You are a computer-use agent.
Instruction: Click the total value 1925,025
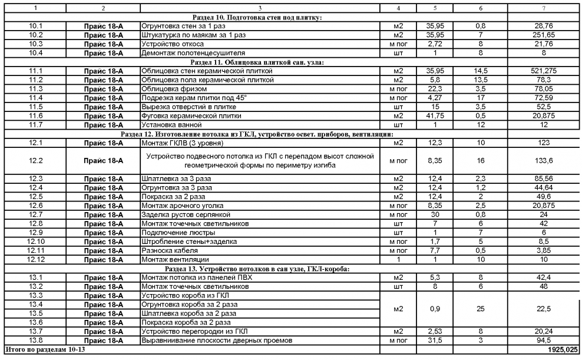point(564,350)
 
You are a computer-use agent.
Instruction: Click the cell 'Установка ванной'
point(168,125)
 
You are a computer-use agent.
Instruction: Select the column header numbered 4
point(398,8)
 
